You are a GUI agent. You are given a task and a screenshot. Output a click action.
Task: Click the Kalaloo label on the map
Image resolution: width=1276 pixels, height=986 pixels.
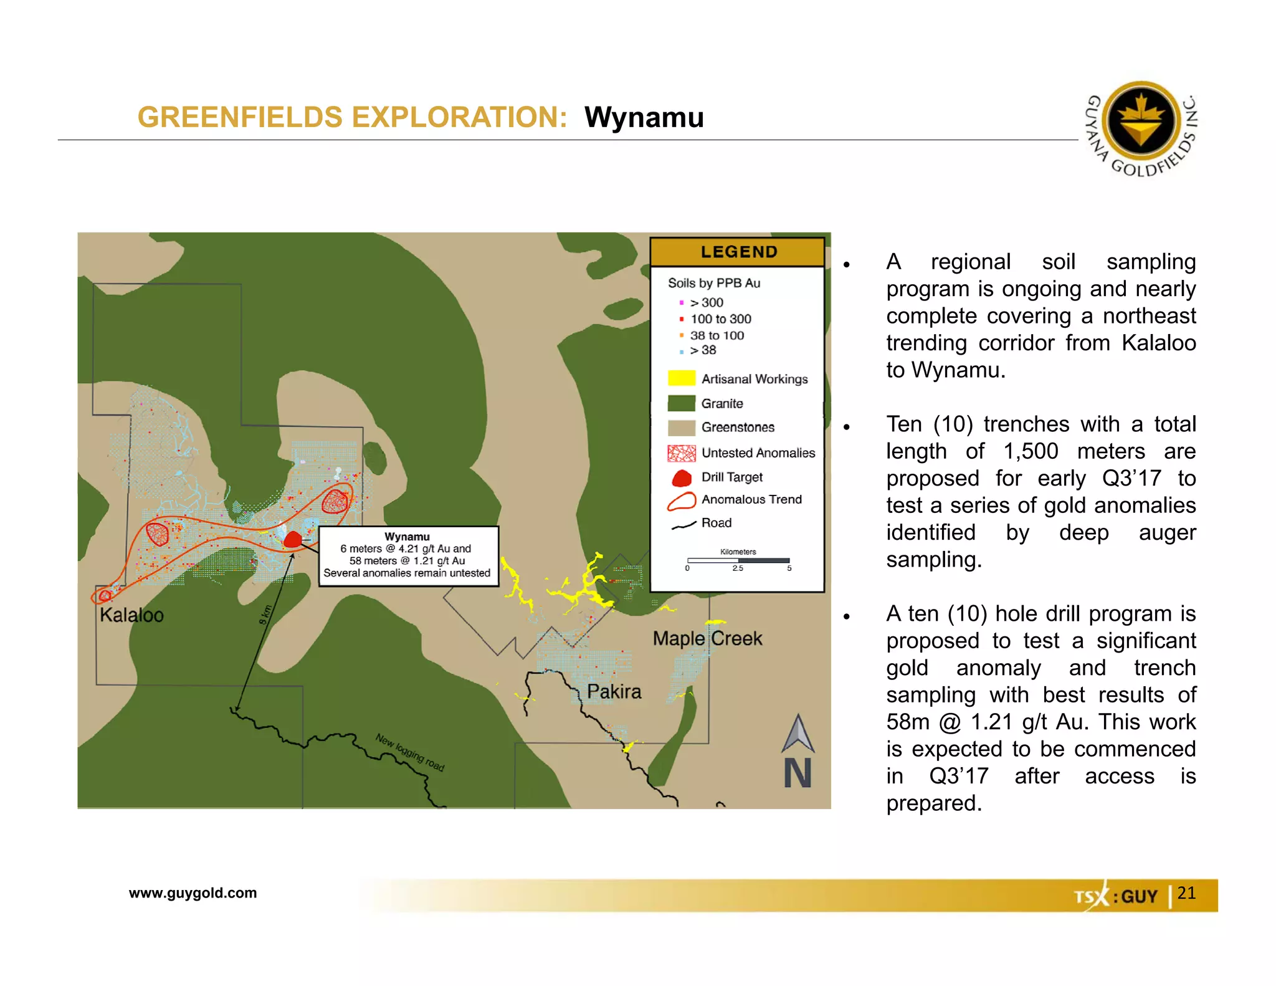pyautogui.click(x=131, y=615)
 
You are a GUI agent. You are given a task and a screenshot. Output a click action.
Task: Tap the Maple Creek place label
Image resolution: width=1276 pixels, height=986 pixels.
pyautogui.click(x=707, y=638)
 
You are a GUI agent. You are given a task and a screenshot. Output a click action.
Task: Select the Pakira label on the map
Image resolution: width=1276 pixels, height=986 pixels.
pyautogui.click(x=614, y=691)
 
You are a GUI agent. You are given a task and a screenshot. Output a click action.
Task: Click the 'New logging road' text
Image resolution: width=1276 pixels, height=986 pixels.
pyautogui.click(x=409, y=752)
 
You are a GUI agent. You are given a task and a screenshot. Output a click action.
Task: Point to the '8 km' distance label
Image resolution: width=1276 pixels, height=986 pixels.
pyautogui.click(x=266, y=615)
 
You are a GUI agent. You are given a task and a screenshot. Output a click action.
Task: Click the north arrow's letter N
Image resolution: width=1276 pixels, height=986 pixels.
pyautogui.click(x=797, y=773)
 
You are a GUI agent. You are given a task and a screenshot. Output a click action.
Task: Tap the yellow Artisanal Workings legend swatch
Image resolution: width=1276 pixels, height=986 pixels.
pyautogui.click(x=681, y=378)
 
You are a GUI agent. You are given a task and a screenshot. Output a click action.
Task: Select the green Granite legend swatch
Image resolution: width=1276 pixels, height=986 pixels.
pyautogui.click(x=681, y=403)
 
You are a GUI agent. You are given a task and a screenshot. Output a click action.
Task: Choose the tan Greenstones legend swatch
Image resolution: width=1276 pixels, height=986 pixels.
pyautogui.click(x=681, y=428)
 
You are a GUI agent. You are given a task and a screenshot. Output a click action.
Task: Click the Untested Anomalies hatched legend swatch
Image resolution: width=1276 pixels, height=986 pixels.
pyautogui.click(x=681, y=453)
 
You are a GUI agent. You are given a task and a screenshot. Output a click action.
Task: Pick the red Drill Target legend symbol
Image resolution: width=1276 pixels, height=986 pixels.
pyautogui.click(x=682, y=478)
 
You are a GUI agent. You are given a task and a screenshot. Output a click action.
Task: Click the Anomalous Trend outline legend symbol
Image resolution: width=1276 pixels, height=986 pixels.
pyautogui.click(x=681, y=501)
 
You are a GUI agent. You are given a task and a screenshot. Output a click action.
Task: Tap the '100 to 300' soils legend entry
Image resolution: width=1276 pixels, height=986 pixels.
pyautogui.click(x=720, y=319)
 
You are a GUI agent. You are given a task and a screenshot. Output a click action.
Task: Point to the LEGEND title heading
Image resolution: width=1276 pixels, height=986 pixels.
pyautogui.click(x=738, y=252)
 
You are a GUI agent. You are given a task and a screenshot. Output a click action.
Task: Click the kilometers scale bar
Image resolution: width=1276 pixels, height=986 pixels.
pyautogui.click(x=738, y=561)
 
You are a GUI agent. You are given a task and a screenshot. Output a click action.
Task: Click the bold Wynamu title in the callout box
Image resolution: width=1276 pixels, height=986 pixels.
pyautogui.click(x=407, y=537)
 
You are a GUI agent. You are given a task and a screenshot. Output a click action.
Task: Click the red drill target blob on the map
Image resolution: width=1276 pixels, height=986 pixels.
pyautogui.click(x=292, y=539)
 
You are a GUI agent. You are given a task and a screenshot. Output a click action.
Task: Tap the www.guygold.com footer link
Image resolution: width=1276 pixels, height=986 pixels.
pyautogui.click(x=193, y=893)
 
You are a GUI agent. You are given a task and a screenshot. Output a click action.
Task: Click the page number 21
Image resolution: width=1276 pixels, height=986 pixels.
pyautogui.click(x=1186, y=893)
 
